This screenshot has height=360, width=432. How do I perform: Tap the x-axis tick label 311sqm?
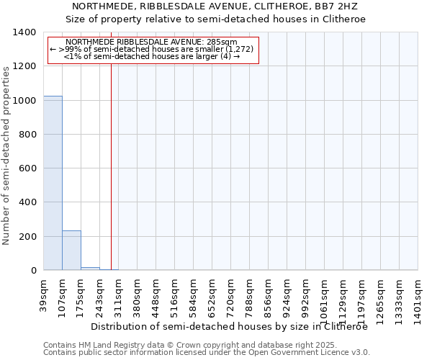119,292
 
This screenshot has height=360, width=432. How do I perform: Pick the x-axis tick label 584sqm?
194,292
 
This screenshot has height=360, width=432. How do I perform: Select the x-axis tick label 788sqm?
250,292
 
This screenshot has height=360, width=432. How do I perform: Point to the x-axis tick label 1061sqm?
325,294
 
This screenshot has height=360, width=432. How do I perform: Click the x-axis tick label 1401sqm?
418,294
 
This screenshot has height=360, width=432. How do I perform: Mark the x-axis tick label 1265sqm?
381,294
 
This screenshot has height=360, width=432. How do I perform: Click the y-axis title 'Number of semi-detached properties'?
6,155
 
